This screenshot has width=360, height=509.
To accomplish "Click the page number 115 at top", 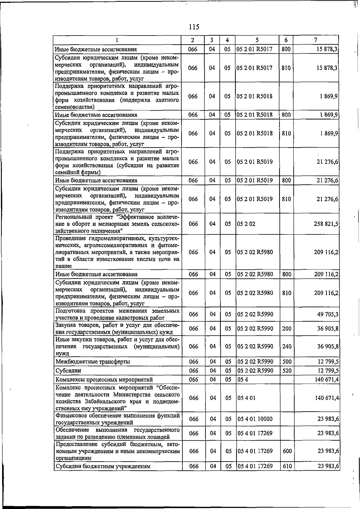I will (x=194, y=27).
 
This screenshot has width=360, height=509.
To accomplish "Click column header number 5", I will (x=257, y=40).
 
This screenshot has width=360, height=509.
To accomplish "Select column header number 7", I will (x=316, y=40).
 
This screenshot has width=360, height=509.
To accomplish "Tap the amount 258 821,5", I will (x=326, y=224).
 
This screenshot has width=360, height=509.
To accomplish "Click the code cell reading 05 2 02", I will (x=246, y=224).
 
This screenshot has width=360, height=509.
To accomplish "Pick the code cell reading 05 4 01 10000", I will (x=255, y=419).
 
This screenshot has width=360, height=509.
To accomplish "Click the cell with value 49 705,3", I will (x=328, y=314).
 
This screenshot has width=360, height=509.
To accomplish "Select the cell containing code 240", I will (x=287, y=346).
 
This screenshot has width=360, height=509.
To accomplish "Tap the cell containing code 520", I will (x=287, y=371).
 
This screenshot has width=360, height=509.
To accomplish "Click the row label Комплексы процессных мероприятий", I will (x=104, y=380).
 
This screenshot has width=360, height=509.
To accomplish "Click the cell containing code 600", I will (x=287, y=451).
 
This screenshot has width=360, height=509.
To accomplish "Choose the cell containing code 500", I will (x=287, y=362).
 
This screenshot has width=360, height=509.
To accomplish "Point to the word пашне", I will (x=63, y=266).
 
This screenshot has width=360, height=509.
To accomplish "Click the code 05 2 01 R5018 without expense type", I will (x=255, y=96).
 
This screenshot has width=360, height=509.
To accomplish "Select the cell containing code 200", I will (x=287, y=329).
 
